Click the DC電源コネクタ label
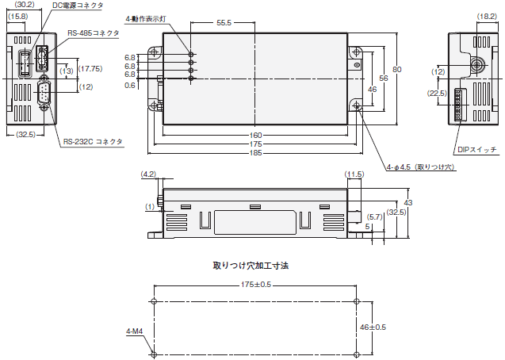point(78,6)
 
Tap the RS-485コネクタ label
point(93,33)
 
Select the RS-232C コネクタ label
point(93,142)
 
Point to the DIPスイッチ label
point(477,150)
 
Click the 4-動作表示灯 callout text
point(146,19)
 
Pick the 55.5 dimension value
point(224,23)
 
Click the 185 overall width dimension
point(255,153)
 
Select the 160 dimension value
point(255,136)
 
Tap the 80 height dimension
point(397,70)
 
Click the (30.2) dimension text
point(25,5)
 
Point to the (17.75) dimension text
point(90,69)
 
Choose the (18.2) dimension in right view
point(487,17)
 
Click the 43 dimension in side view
point(408,203)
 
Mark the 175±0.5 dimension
point(256,285)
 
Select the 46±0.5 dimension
point(373,327)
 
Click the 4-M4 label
point(135,331)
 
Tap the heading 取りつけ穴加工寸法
point(251,266)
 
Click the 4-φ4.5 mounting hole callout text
point(421,167)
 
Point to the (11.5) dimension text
point(354,174)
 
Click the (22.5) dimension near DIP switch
point(437,94)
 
